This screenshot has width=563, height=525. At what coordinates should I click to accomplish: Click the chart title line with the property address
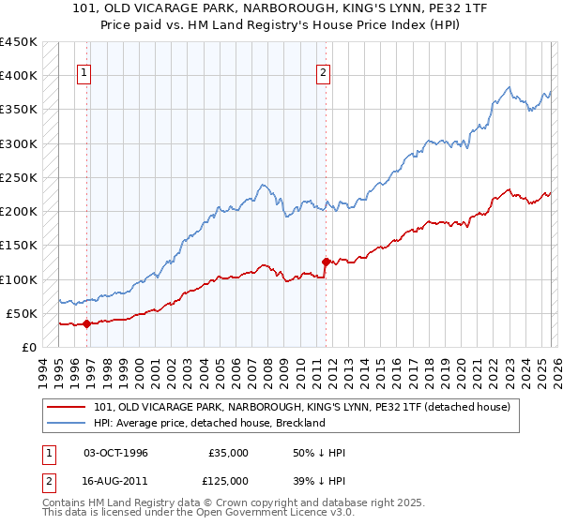[281, 8]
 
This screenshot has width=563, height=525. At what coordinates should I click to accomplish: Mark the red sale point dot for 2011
[326, 262]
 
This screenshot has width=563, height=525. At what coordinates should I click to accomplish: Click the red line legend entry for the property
[301, 407]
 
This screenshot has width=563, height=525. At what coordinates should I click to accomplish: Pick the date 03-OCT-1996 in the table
[115, 453]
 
